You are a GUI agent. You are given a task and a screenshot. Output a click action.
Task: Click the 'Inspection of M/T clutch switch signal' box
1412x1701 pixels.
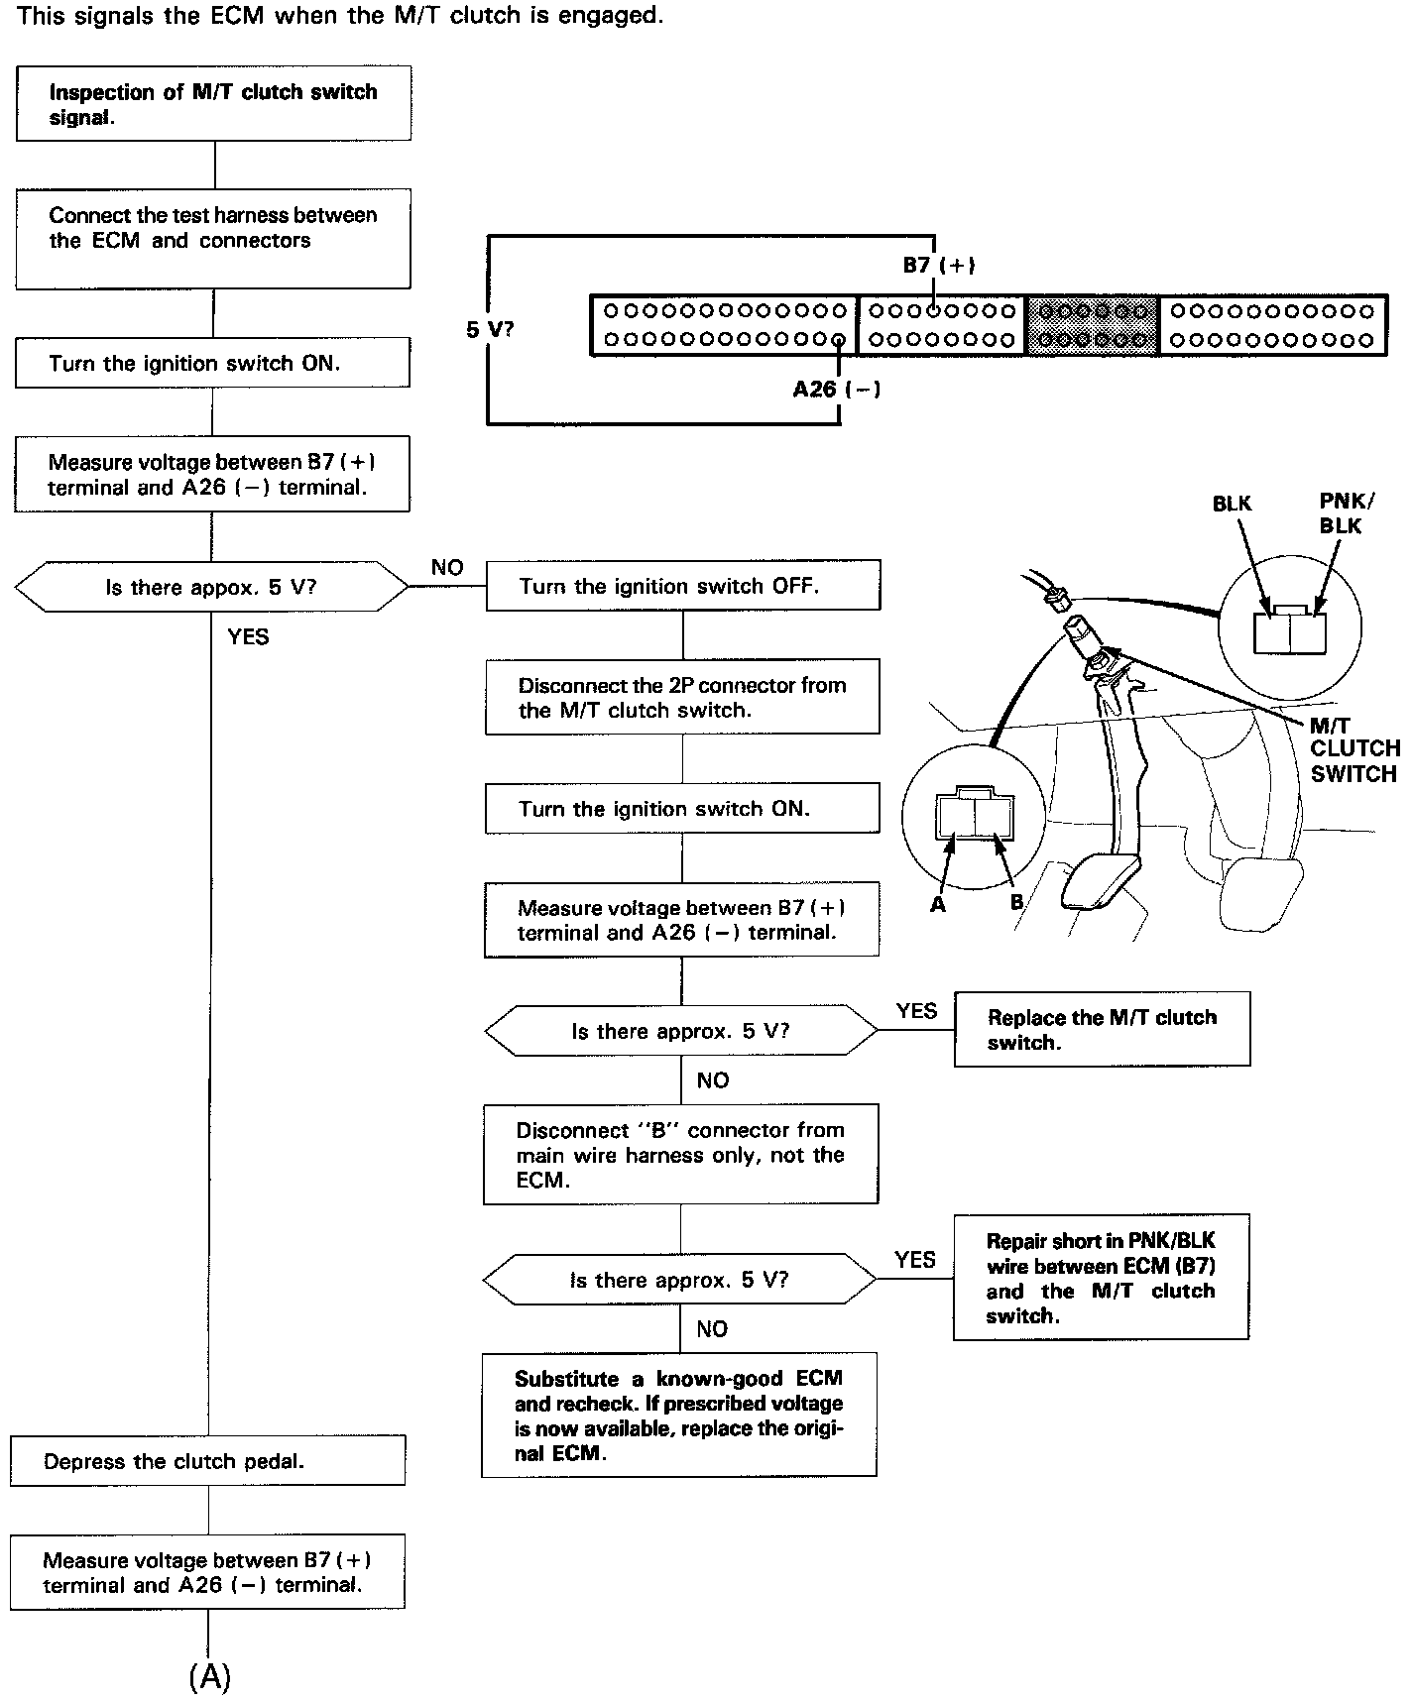point(213,104)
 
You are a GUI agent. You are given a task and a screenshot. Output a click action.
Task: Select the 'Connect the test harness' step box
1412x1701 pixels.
point(213,239)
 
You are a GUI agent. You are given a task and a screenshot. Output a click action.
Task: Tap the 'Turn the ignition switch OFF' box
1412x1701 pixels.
point(682,586)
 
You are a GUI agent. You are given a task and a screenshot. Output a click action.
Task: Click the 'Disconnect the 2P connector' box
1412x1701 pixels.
point(682,697)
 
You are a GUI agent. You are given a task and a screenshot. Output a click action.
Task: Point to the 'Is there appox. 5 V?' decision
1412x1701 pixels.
point(211,588)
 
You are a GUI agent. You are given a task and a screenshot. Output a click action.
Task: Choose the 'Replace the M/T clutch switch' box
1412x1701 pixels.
point(1102,1030)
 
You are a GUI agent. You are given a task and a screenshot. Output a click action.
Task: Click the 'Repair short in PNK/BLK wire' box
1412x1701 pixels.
point(1101,1278)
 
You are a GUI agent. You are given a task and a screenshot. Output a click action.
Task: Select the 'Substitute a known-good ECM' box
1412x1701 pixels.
point(679,1416)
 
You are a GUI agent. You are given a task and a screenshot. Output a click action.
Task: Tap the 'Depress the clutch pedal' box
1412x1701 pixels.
point(207,1461)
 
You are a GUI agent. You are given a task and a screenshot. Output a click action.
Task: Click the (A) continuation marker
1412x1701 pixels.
point(209,1676)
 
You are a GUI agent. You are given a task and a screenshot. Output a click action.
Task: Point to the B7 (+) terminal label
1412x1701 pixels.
point(938,266)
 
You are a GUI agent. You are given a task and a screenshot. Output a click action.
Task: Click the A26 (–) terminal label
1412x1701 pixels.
point(836,390)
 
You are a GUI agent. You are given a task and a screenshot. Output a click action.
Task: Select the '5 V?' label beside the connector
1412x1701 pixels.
point(490,329)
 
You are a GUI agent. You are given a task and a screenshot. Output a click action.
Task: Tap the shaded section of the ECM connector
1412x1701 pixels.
point(1092,325)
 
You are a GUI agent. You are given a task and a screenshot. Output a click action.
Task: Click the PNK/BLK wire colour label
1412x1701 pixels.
point(1341,513)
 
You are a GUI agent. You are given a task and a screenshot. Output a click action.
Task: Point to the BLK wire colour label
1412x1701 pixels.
point(1232,504)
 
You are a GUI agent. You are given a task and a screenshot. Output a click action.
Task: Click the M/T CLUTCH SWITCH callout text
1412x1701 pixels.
point(1353,750)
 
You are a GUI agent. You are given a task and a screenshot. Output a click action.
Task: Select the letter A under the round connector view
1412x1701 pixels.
point(938,904)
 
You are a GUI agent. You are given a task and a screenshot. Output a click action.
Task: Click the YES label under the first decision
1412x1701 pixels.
point(248,637)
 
